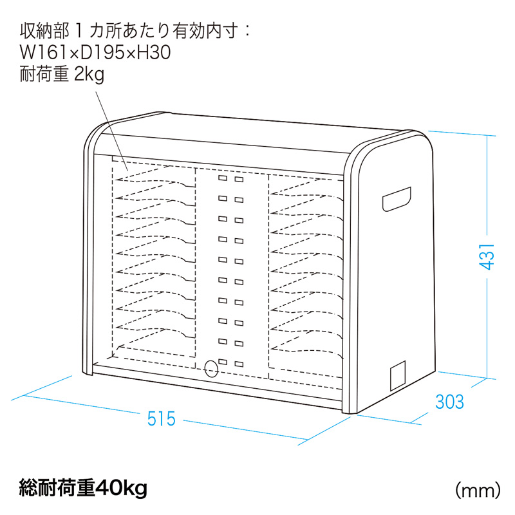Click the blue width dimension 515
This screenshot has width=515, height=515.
162,419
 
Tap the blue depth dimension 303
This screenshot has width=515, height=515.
449,402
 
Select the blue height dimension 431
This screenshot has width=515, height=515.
487,257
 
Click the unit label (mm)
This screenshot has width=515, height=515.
478,491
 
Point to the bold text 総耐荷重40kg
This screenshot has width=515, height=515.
84,489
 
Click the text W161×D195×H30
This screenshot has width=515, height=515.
95,53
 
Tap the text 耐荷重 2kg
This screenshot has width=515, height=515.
62,74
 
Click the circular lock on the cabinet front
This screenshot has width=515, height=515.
211,369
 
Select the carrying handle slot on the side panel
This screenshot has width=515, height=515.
397,199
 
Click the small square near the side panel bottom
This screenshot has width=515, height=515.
398,375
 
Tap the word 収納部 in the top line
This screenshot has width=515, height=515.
44,31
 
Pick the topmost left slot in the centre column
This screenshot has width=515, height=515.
223,178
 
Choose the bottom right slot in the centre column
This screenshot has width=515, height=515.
239,364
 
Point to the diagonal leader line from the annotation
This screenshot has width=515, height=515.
111,131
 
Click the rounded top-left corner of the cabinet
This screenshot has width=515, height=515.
93,131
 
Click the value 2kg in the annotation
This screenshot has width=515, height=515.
89,75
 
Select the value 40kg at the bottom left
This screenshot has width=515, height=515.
121,489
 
